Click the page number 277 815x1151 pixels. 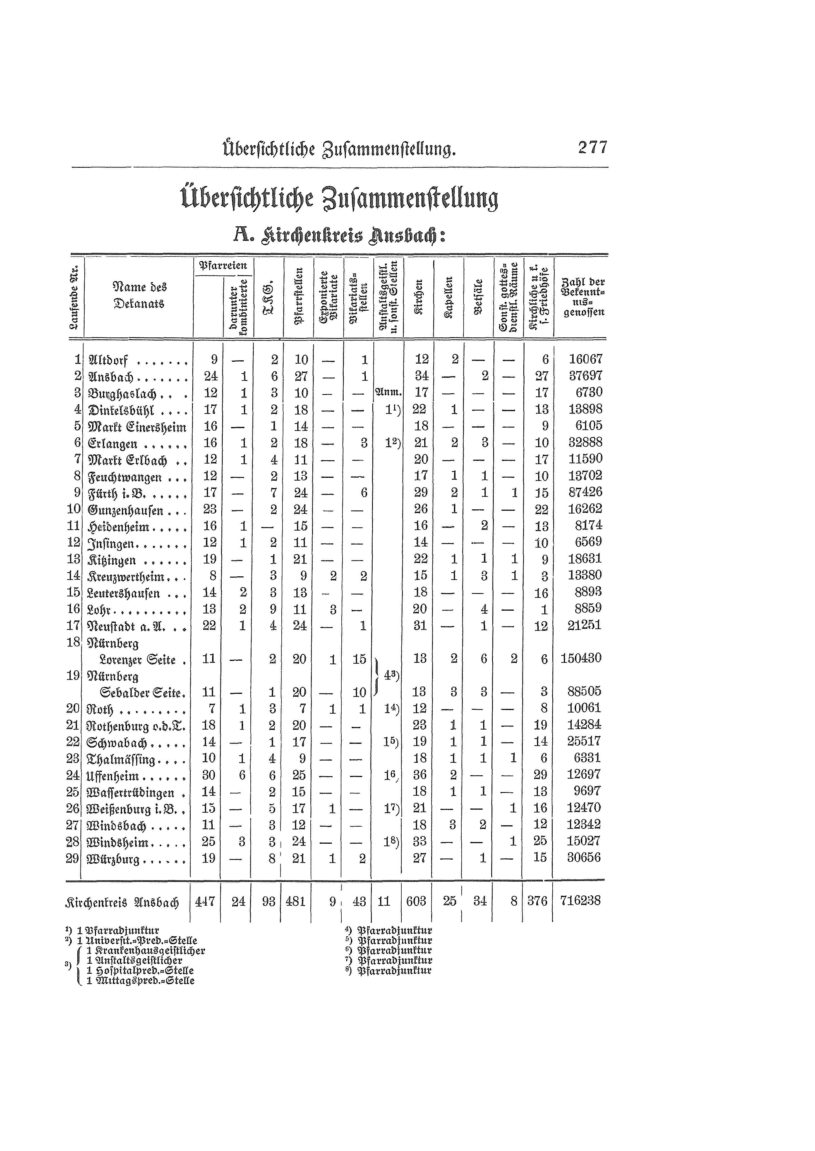tap(593, 148)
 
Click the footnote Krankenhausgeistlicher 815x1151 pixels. tap(145, 950)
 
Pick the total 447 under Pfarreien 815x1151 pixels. tap(205, 901)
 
